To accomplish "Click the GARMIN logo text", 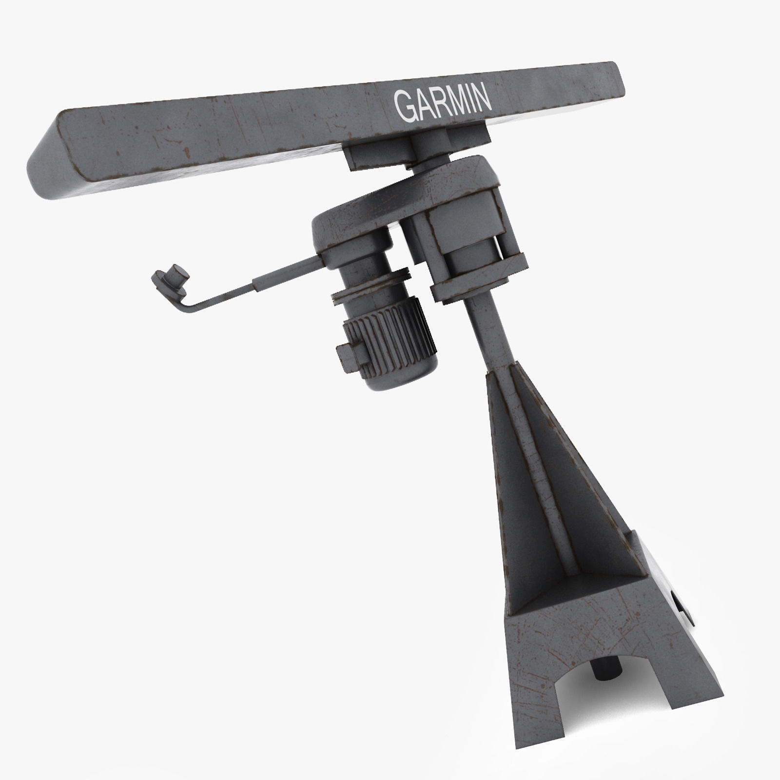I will coord(442,103).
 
